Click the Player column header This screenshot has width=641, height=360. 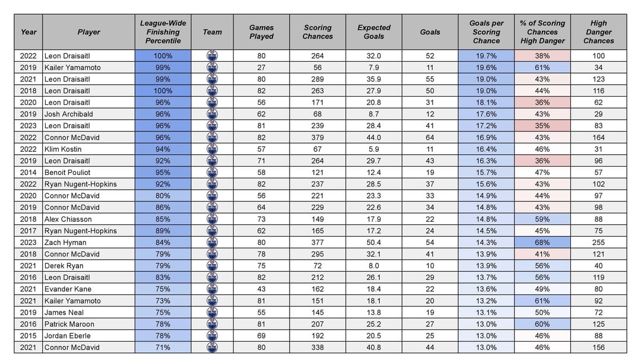point(88,32)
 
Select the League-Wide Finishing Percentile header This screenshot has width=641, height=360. point(163,32)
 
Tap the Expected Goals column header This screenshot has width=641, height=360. point(374,32)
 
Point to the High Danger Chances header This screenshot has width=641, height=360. point(598,32)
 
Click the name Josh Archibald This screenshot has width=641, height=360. point(68,114)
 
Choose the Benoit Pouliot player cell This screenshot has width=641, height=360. point(67,173)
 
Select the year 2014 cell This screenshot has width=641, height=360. point(28,173)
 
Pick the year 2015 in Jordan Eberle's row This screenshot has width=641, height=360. point(28,336)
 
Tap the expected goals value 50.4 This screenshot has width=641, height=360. point(374,243)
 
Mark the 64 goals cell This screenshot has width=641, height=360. point(430,138)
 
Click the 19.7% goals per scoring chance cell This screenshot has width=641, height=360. point(486,56)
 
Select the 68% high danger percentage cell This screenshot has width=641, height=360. point(542,243)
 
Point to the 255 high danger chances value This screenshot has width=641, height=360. point(598,243)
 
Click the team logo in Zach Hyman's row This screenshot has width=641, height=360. point(212,243)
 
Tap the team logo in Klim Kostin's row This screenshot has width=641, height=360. point(212,149)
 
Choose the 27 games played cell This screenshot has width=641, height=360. point(261,68)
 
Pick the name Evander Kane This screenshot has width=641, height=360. point(66,289)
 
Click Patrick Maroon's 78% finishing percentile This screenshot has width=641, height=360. point(163,324)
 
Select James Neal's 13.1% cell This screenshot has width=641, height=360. point(486,313)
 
